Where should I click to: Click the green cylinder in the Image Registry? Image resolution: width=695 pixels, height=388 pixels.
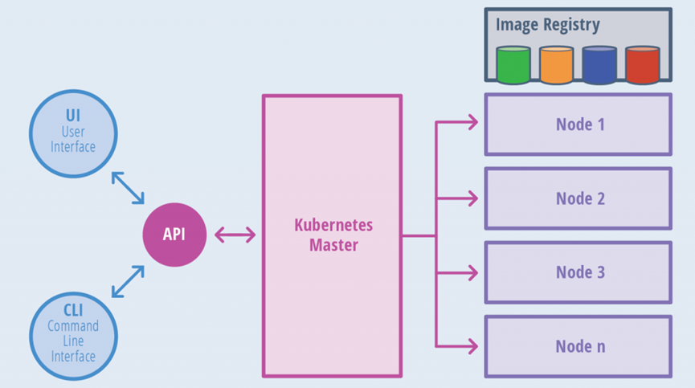pyautogui.click(x=513, y=65)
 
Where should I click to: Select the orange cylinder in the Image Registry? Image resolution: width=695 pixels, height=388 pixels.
pyautogui.click(x=556, y=65)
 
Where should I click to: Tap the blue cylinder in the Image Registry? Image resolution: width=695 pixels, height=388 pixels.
pyautogui.click(x=599, y=65)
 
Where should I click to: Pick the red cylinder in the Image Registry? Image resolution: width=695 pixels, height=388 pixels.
pyautogui.click(x=642, y=65)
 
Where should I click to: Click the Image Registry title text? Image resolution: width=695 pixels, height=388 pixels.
pyautogui.click(x=548, y=25)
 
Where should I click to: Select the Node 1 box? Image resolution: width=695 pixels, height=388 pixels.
pyautogui.click(x=578, y=125)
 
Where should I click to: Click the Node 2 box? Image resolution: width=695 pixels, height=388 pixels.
pyautogui.click(x=578, y=198)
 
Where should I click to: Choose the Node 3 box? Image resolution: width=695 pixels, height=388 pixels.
pyautogui.click(x=578, y=272)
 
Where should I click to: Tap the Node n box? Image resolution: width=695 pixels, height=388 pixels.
pyautogui.click(x=578, y=346)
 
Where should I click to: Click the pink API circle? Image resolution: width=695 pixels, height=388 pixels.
pyautogui.click(x=174, y=235)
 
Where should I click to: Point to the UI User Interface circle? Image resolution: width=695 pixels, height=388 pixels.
pyautogui.click(x=73, y=134)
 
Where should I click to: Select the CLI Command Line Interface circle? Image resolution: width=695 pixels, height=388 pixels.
pyautogui.click(x=73, y=336)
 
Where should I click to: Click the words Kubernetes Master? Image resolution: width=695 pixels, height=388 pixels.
pyautogui.click(x=333, y=235)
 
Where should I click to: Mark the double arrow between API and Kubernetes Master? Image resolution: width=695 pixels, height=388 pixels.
pyautogui.click(x=235, y=235)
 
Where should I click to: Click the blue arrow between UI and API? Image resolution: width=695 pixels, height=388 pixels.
pyautogui.click(x=128, y=188)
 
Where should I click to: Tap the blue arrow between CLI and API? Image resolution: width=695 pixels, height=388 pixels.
pyautogui.click(x=128, y=281)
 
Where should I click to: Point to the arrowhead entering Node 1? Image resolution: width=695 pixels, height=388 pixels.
pyautogui.click(x=473, y=122)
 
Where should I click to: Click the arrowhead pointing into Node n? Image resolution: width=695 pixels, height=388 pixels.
pyautogui.click(x=473, y=346)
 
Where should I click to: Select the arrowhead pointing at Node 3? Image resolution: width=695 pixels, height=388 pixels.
pyautogui.click(x=473, y=272)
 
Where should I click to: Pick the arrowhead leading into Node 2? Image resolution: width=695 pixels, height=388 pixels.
pyautogui.click(x=473, y=198)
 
